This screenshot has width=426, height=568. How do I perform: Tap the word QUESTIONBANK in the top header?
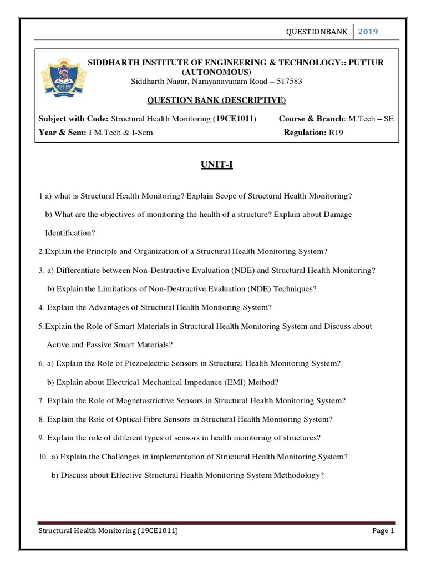pos(316,32)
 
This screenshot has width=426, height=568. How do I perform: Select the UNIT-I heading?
pos(216,165)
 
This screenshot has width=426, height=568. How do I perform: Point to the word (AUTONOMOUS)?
pos(216,72)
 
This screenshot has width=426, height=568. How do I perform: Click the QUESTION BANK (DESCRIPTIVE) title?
pos(216,100)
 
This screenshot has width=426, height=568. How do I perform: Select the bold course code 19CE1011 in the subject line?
pos(235,119)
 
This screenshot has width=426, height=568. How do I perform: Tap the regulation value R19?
pos(336,133)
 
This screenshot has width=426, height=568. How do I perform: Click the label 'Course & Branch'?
pos(311,119)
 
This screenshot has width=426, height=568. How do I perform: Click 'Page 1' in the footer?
pos(383,531)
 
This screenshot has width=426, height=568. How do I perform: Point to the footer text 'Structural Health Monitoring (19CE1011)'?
pos(108,531)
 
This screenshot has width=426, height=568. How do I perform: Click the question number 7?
pos(41,401)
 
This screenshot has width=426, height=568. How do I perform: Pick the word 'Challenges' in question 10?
pos(126,457)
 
